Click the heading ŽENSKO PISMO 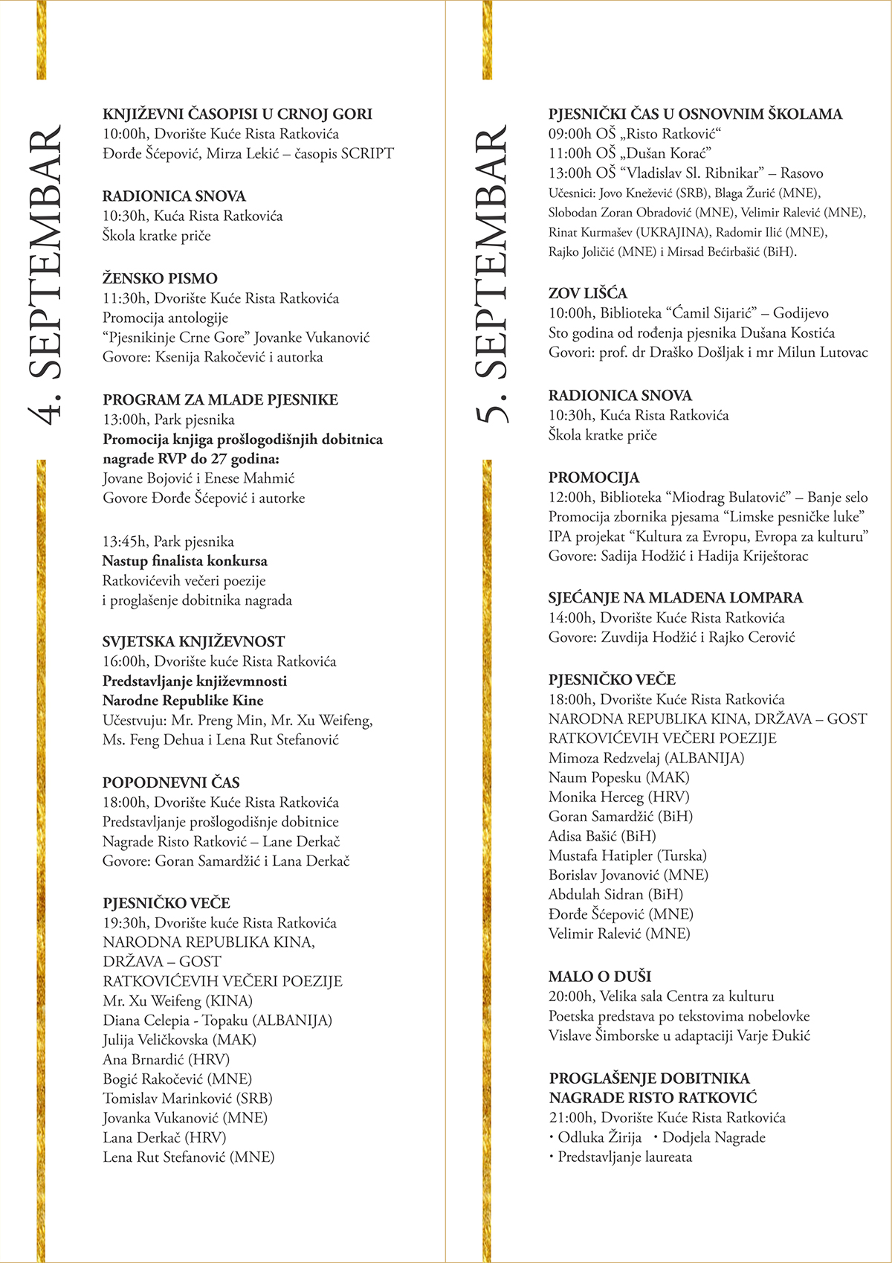coord(160,278)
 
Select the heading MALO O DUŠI coord(599,976)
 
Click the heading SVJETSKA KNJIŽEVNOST coord(193,641)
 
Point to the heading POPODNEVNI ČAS coord(171,782)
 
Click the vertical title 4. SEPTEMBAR coord(46,275)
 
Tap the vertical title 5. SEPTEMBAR coord(491,275)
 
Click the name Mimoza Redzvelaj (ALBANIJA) coord(646,758)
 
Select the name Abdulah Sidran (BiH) coord(615,894)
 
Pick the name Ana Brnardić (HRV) coord(167,1059)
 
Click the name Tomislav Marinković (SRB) coord(187,1098)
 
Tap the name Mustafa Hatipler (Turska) coord(627,855)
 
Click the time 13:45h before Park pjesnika coord(125,541)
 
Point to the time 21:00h coord(571,1117)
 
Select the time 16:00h coord(125,661)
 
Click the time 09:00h coord(570,134)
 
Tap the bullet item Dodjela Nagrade coord(713,1137)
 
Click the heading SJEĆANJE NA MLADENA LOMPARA coord(675,597)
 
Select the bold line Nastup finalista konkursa coord(184,561)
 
